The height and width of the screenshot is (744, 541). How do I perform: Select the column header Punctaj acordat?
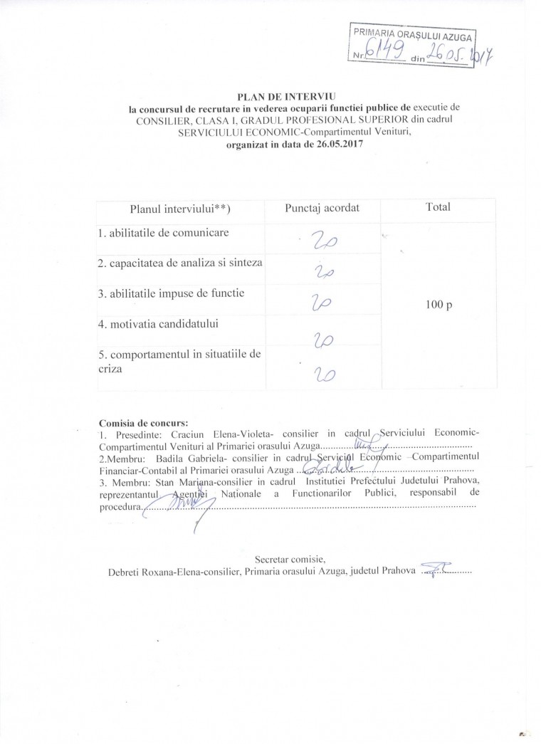coord(322,207)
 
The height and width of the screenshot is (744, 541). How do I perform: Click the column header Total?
coord(438,207)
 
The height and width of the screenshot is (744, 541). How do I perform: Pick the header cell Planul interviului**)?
coord(180,209)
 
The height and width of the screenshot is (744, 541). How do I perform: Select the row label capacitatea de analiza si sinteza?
coord(179,263)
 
